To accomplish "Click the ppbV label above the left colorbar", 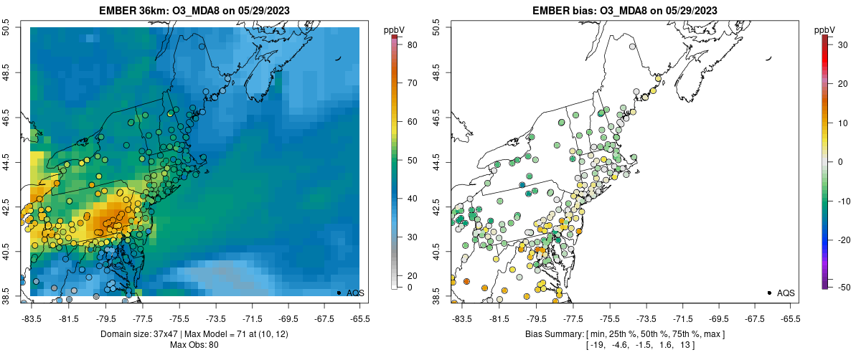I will [x=395, y=29].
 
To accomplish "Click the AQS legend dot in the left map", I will [x=339, y=293].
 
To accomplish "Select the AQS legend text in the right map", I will [x=786, y=293].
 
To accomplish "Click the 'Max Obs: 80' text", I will [x=194, y=346].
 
